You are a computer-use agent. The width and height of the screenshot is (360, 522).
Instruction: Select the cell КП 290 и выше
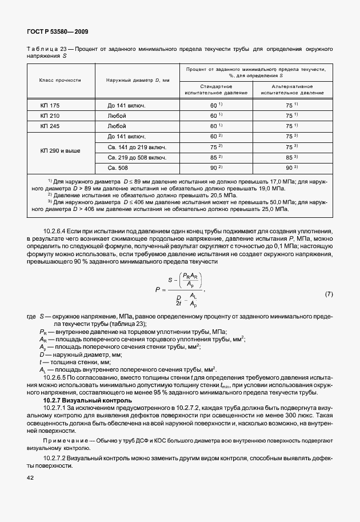pos(60,152)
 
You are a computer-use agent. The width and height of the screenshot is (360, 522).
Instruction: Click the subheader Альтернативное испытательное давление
pos(292,89)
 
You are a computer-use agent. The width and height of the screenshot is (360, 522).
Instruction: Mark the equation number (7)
pos(329,294)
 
